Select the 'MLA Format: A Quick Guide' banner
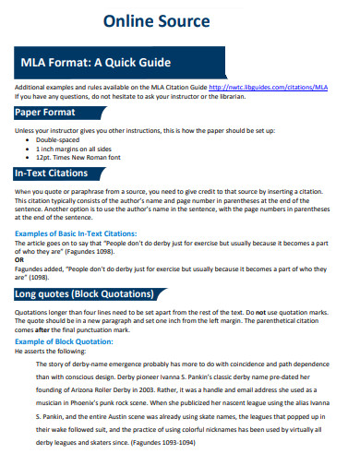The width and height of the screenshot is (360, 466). (97, 63)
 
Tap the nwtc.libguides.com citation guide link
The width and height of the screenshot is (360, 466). (269, 86)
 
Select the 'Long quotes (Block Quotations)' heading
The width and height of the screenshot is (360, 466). (87, 294)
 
